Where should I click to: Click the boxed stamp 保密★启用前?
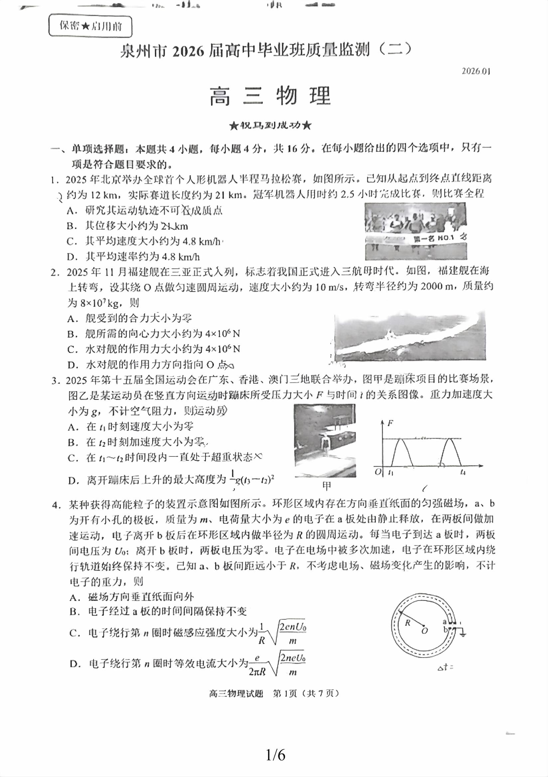pos(90,26)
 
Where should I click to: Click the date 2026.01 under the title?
pos(476,71)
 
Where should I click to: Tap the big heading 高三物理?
pos(270,96)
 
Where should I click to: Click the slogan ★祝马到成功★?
pos(270,126)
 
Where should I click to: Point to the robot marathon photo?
pos(415,231)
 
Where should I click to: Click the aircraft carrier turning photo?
pos(410,337)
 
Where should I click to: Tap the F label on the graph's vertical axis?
pos(390,423)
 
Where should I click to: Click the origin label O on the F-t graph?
pos(378,472)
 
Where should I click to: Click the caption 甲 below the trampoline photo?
pos(327,486)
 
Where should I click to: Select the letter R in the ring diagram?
pos(408,623)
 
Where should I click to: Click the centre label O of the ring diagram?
pos(425,630)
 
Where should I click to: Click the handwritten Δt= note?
pos(445,667)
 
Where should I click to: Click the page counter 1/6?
pos(275,755)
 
